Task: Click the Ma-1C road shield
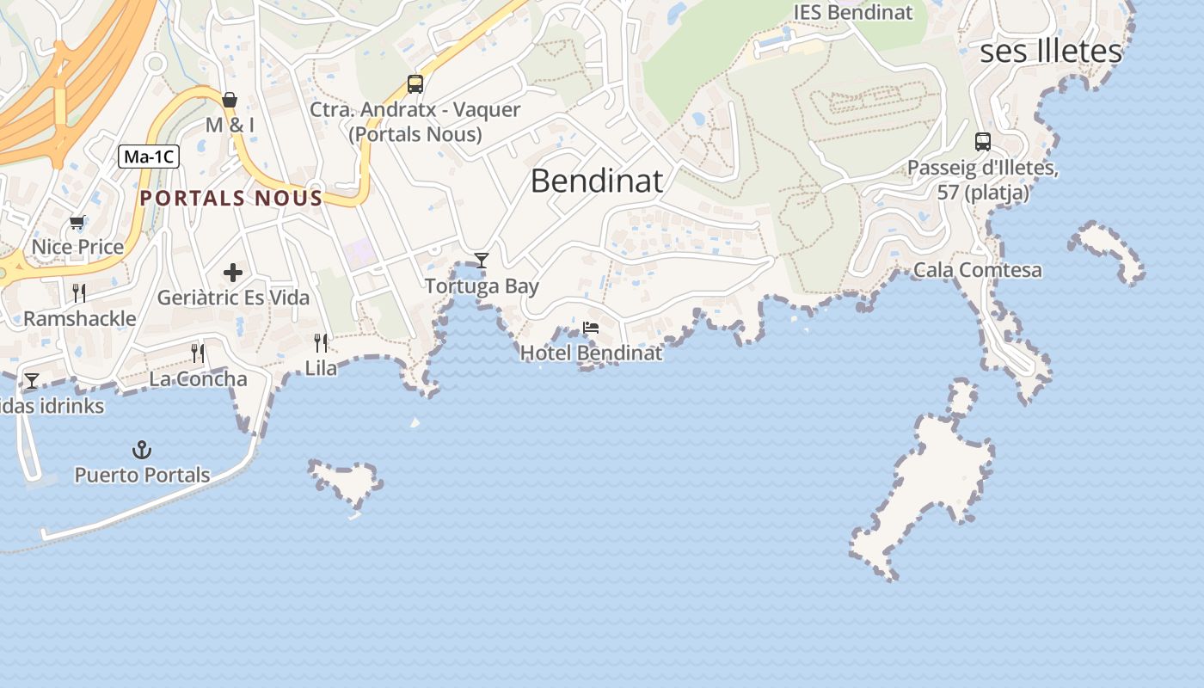tap(149, 157)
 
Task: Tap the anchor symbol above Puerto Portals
tap(141, 450)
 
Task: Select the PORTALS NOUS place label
tap(231, 199)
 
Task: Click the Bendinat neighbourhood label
tap(597, 181)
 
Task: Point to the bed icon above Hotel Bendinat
tap(591, 328)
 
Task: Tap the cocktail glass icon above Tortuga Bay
tap(482, 260)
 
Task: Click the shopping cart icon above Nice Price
tap(77, 223)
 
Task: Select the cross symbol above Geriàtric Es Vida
tap(233, 273)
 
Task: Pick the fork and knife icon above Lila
tap(321, 343)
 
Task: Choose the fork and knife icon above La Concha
tap(198, 353)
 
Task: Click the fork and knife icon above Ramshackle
tap(79, 293)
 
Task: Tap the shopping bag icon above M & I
tap(230, 100)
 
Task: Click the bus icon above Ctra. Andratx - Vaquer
tap(415, 84)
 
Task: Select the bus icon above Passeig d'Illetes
tap(983, 142)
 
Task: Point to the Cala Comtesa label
tap(977, 270)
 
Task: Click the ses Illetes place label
tap(1051, 52)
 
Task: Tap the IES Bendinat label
tap(852, 13)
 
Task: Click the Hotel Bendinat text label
tap(592, 353)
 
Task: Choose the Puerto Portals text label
tap(142, 475)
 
